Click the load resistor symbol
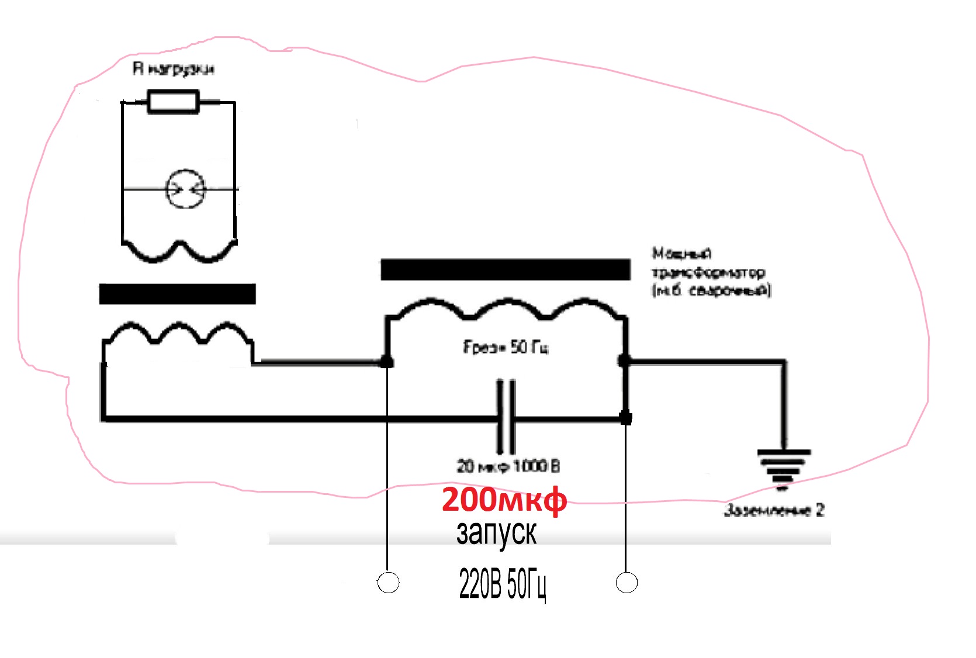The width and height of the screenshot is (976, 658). (173, 101)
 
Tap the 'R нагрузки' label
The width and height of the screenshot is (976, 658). (174, 69)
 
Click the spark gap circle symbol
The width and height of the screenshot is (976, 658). (186, 189)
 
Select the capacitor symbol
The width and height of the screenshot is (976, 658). (506, 417)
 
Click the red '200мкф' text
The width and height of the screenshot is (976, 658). (504, 500)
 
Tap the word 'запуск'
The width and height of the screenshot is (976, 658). (496, 533)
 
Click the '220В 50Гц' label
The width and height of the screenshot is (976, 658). (503, 584)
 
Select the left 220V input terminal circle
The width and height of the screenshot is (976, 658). (388, 582)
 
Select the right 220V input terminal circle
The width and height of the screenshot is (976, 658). (627, 582)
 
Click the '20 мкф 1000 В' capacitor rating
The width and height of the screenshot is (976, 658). (508, 466)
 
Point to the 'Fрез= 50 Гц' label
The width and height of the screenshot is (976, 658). (506, 347)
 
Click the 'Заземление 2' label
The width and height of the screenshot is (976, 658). (774, 510)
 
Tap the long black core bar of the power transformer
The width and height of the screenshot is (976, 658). (505, 269)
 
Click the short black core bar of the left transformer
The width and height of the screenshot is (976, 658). (177, 293)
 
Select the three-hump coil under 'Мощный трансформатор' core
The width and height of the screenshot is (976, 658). (506, 309)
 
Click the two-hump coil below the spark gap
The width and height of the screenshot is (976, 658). (178, 250)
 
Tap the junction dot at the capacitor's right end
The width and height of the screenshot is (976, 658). (625, 418)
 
